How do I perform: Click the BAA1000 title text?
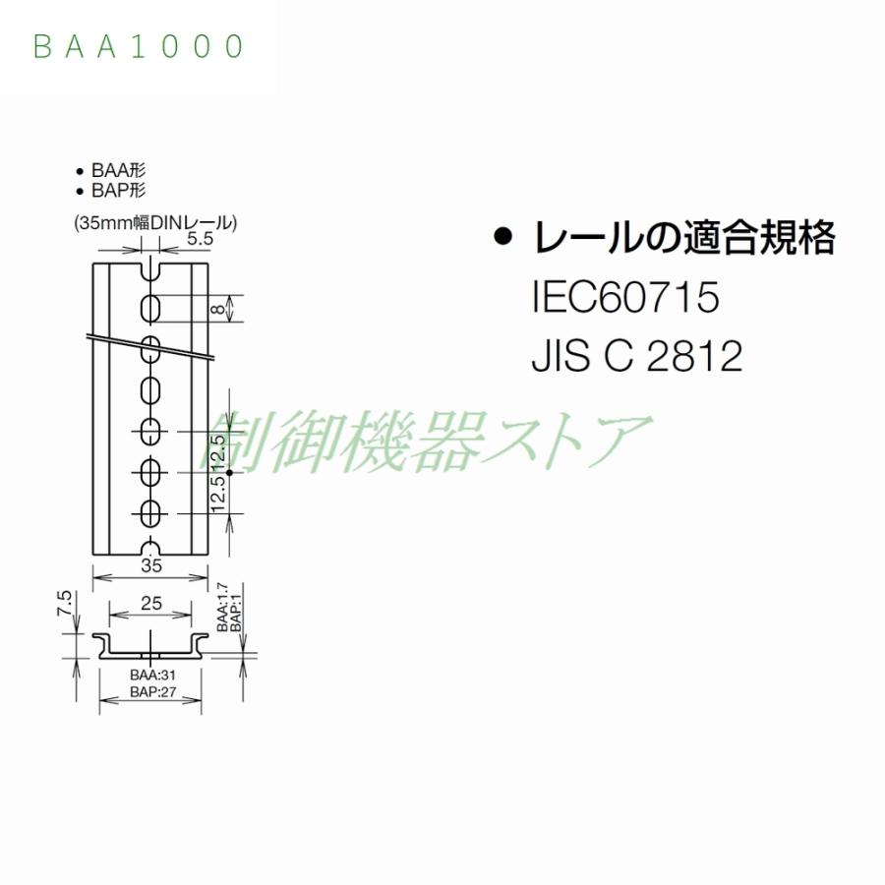point(139,46)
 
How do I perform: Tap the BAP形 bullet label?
point(119,191)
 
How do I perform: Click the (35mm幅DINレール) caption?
point(154,223)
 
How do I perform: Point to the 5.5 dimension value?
point(200,238)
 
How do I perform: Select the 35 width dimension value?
point(150,565)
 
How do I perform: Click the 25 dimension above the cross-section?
point(150,604)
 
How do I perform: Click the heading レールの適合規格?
point(683,238)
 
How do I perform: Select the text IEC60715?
point(625,297)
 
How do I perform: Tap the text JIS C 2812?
point(636,358)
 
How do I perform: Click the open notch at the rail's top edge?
point(151,268)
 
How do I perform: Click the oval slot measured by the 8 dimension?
point(151,308)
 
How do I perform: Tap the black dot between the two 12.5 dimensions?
point(229,473)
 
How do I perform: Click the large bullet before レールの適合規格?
point(504,238)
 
